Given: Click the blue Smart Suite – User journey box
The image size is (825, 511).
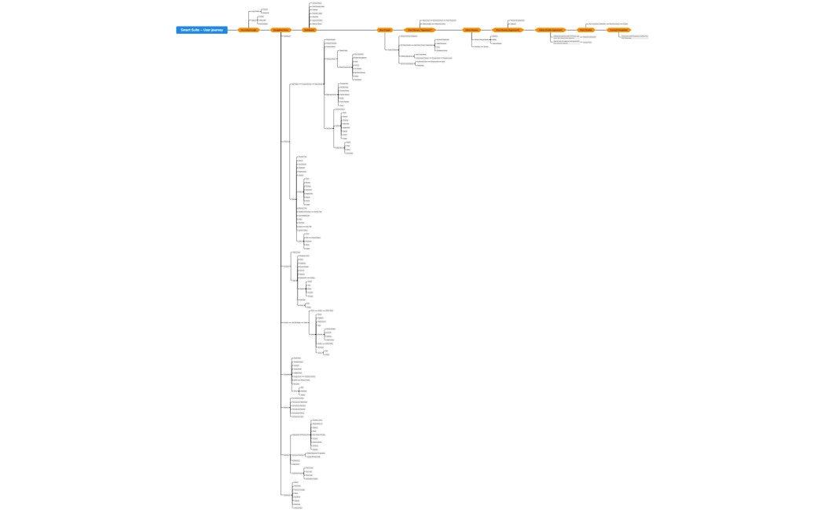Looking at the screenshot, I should [x=202, y=30].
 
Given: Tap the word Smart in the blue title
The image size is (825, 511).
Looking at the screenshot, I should [x=185, y=30].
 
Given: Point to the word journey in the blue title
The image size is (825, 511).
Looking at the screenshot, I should [x=217, y=30].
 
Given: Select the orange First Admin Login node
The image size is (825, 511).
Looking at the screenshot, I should [x=248, y=30].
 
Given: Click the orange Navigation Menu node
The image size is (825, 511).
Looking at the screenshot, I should [x=280, y=30].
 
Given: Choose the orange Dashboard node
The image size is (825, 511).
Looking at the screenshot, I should [x=309, y=30].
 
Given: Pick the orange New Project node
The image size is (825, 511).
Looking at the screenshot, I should [x=385, y=30].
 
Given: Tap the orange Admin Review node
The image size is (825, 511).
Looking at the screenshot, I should [x=471, y=30].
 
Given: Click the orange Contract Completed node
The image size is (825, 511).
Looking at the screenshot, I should [x=618, y=30].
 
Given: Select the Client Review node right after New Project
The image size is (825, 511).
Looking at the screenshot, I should [x=420, y=30].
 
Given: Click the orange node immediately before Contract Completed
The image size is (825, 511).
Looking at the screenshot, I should [x=585, y=30].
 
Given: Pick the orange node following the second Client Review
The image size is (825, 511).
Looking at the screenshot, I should [x=550, y=30].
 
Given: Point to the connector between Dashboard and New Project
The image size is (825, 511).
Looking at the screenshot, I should [x=346, y=30].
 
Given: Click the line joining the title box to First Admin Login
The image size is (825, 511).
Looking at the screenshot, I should [x=233, y=30].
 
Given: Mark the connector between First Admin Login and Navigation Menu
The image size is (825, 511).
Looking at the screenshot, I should [x=265, y=30].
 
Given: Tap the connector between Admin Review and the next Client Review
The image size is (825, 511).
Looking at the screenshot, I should [x=487, y=30].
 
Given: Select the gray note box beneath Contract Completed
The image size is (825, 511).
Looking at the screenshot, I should [x=634, y=36].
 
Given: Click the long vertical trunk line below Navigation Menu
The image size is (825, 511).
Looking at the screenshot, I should [x=280, y=236].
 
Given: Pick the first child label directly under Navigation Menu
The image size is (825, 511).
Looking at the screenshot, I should [x=287, y=36].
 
